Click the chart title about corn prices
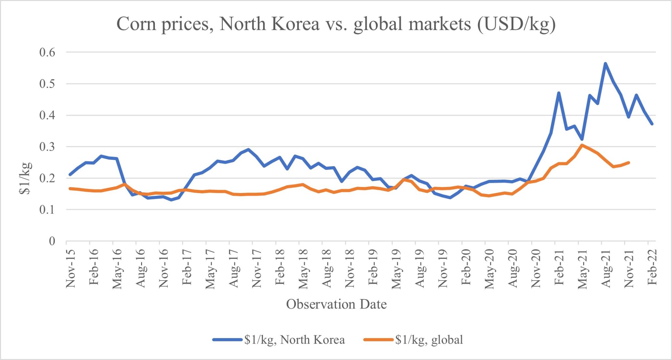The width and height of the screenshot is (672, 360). click(336, 24)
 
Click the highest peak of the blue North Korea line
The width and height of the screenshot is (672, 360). click(605, 63)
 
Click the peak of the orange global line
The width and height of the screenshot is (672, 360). click(582, 145)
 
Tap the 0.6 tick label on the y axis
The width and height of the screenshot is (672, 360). click(47, 52)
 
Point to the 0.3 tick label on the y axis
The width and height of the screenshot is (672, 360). click(47, 147)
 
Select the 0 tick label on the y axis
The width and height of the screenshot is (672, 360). click(52, 241)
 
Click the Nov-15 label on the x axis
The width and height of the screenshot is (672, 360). click(71, 268)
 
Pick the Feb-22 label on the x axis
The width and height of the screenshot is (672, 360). click(652, 267)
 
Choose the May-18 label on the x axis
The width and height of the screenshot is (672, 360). click(304, 269)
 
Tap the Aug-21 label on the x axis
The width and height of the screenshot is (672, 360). click(606, 268)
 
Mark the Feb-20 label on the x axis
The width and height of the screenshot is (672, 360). click(466, 267)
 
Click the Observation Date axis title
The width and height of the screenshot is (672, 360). click(336, 304)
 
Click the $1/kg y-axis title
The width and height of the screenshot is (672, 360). click(25, 178)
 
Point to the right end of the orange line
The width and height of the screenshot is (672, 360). click(629, 162)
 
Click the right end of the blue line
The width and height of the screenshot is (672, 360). click(652, 124)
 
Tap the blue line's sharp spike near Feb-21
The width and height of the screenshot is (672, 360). click(558, 93)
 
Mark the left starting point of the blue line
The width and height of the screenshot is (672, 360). click(70, 174)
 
